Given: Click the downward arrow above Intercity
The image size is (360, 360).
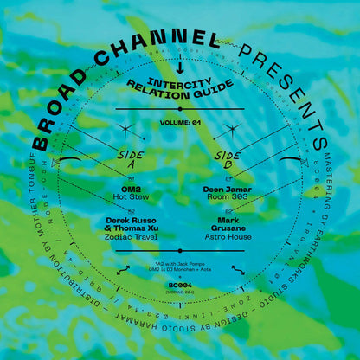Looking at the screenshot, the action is pyautogui.click(x=179, y=65).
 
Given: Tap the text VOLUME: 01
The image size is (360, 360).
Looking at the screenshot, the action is pyautogui.click(x=180, y=123).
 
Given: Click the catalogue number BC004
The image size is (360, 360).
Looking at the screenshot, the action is pyautogui.click(x=180, y=282).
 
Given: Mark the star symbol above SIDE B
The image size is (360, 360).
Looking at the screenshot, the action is pyautogui.click(x=230, y=130).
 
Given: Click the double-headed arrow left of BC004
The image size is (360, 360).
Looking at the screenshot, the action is pyautogui.click(x=124, y=269).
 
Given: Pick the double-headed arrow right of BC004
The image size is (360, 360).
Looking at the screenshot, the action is pyautogui.click(x=237, y=269).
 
